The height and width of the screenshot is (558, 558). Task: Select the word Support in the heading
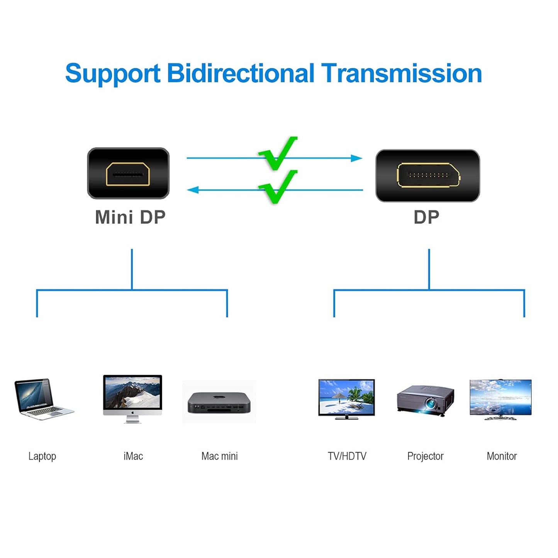point(112,74)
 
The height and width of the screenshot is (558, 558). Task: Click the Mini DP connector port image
point(128,173)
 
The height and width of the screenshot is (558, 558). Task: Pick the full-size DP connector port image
point(428,176)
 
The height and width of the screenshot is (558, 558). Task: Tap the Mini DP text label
point(130,217)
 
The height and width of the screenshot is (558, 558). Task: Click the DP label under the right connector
point(426,217)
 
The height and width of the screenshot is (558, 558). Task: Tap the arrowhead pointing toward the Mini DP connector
point(193,190)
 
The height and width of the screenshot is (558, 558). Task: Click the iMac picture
point(132,399)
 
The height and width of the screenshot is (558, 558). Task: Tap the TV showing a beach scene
point(346,399)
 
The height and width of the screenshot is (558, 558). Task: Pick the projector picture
point(426,400)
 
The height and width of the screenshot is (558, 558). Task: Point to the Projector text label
point(425,456)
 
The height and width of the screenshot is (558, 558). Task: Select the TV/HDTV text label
point(347,456)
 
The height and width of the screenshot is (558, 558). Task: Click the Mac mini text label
point(219,456)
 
